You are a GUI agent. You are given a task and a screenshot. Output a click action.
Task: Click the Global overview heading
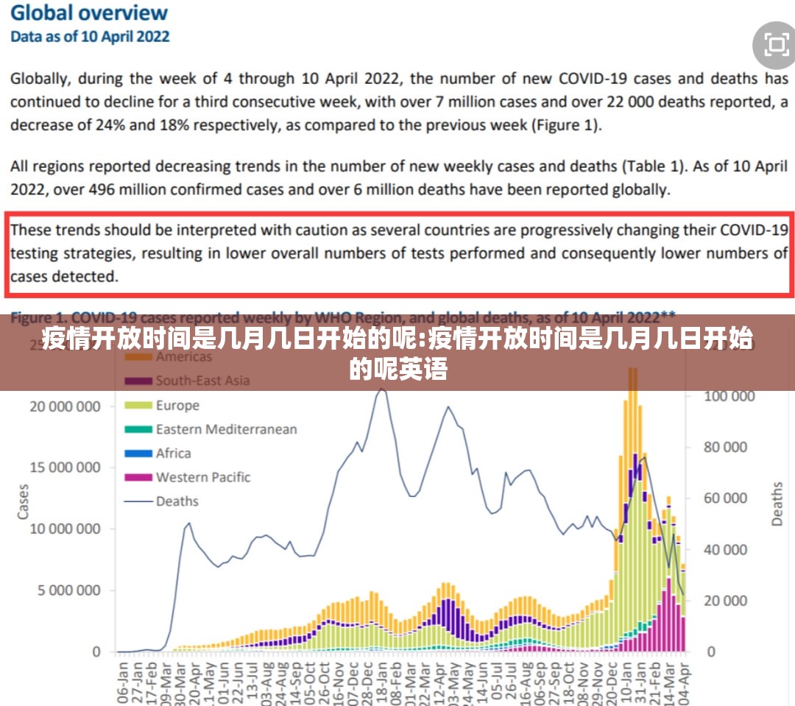point(89,13)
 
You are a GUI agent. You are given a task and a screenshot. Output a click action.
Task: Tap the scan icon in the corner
point(776,46)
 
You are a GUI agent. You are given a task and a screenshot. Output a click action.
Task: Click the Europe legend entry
point(177,405)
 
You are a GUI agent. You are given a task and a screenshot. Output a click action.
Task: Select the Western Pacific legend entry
point(202,477)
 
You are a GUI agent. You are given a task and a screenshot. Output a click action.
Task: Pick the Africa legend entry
point(173,453)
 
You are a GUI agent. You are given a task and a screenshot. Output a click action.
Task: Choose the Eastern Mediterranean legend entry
point(226,429)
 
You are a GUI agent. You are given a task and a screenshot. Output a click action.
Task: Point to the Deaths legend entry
point(177,501)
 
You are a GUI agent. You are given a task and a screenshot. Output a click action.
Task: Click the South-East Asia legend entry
point(202,381)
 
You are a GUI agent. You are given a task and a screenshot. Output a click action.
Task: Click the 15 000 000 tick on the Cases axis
point(65,467)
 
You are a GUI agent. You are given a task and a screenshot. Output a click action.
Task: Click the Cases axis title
point(23,501)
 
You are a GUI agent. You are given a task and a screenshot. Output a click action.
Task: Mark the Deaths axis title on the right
point(777,504)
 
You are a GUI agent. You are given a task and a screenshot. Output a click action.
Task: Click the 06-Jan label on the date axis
point(122,681)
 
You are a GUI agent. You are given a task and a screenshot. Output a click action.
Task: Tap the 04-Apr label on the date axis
point(684,681)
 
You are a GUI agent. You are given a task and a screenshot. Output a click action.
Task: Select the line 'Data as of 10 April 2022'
point(90,36)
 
